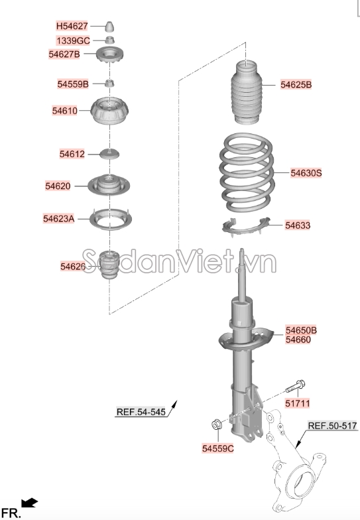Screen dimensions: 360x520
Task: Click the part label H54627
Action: (x=72, y=26)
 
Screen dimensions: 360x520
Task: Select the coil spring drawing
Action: (x=247, y=172)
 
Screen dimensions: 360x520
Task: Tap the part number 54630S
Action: (x=306, y=172)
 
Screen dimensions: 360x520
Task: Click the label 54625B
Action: (x=296, y=85)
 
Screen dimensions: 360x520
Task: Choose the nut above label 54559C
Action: (x=217, y=424)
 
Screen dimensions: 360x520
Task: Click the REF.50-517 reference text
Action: (x=333, y=426)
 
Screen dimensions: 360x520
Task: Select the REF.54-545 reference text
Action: (x=141, y=412)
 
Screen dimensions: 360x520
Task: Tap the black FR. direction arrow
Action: (x=30, y=503)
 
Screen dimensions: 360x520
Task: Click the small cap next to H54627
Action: (x=110, y=27)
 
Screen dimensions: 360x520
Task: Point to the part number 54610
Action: (x=65, y=110)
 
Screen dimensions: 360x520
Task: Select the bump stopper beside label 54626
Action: (x=109, y=265)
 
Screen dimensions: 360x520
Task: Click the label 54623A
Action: (x=58, y=219)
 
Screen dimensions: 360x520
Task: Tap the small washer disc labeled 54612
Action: (x=110, y=154)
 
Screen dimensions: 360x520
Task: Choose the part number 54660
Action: (x=298, y=340)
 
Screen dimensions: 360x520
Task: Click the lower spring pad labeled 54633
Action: (x=246, y=227)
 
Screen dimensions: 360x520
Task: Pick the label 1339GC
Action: (x=73, y=40)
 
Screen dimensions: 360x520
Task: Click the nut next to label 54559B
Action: (x=110, y=83)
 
